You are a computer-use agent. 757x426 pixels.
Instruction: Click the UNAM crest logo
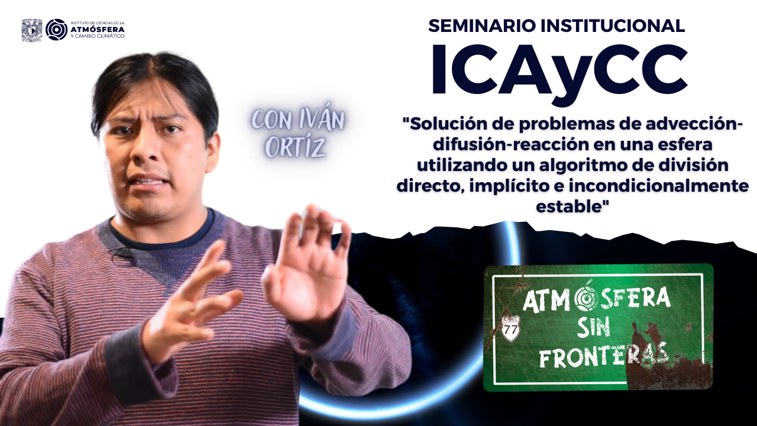32,30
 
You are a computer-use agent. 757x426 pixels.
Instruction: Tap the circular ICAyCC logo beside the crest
56,30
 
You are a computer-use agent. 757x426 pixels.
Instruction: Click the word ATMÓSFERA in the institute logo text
98,29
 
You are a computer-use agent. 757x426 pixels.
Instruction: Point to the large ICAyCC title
559,70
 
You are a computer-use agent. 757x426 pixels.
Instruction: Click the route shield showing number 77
510,328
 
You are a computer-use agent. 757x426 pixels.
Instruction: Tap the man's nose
146,149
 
